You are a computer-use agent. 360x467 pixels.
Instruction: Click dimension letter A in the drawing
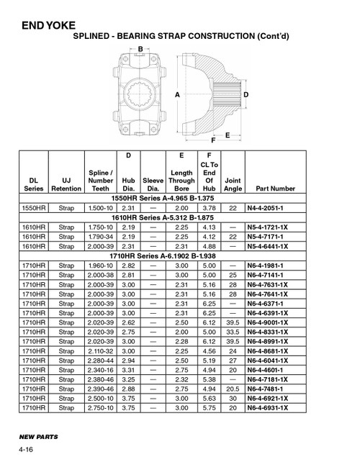176,94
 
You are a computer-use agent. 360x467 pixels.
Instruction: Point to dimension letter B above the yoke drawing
140,47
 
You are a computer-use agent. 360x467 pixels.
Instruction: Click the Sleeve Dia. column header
152,183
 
